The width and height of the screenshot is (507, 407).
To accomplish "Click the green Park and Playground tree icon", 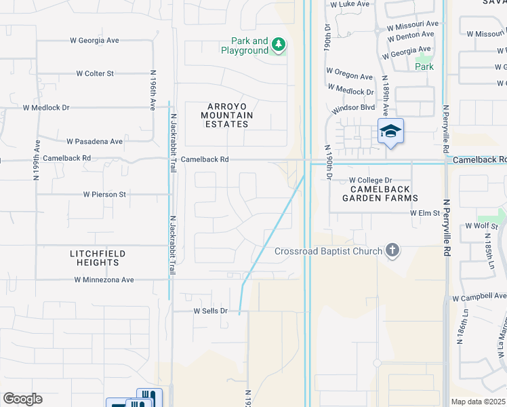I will [x=278, y=45].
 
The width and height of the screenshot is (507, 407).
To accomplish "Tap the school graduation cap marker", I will [x=390, y=130].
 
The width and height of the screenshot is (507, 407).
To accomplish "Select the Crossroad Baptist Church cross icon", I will [x=392, y=252].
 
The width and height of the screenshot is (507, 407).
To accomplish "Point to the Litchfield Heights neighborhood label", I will [x=98, y=258].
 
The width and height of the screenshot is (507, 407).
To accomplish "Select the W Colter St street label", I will [x=95, y=73].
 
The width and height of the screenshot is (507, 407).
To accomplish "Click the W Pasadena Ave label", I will [x=95, y=142].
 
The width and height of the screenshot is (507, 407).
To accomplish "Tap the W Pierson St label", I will [x=105, y=194].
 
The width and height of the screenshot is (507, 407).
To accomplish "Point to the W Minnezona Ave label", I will [x=104, y=279].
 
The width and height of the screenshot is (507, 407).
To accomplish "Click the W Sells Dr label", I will [x=210, y=311].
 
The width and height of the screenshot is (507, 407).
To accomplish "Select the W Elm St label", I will [x=425, y=212].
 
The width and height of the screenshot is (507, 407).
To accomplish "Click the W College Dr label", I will [x=371, y=180].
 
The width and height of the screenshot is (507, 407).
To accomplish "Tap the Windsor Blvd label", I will [x=353, y=109].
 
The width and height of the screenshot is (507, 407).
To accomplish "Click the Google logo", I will [x=22, y=399].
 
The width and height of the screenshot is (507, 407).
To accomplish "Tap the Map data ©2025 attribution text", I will [x=478, y=402].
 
